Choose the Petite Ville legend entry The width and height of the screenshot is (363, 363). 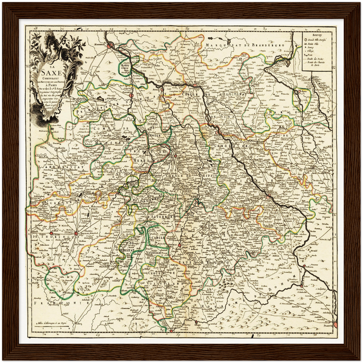[x=313, y=44]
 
